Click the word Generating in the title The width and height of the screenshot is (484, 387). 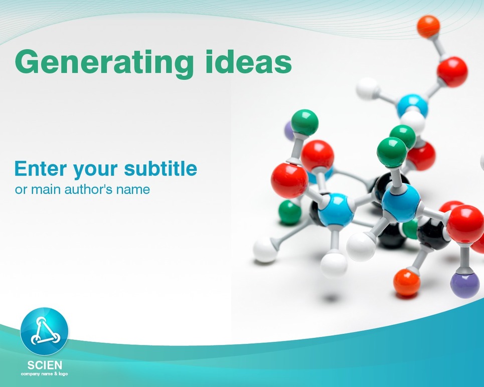coord(104,63)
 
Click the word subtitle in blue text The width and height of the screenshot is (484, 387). coord(160,168)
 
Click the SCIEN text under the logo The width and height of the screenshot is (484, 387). coord(45,365)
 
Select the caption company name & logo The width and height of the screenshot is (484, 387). coord(44,374)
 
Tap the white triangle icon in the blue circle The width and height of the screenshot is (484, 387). coord(45,331)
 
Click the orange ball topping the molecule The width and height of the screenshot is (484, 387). coord(428,27)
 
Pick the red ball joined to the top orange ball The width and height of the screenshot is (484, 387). coord(452,72)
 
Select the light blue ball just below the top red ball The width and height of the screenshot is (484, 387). coord(412,106)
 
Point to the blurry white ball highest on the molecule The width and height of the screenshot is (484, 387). coord(367,88)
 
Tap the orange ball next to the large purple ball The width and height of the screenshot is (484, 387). coord(407,282)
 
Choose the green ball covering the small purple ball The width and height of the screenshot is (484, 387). coord(304,122)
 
